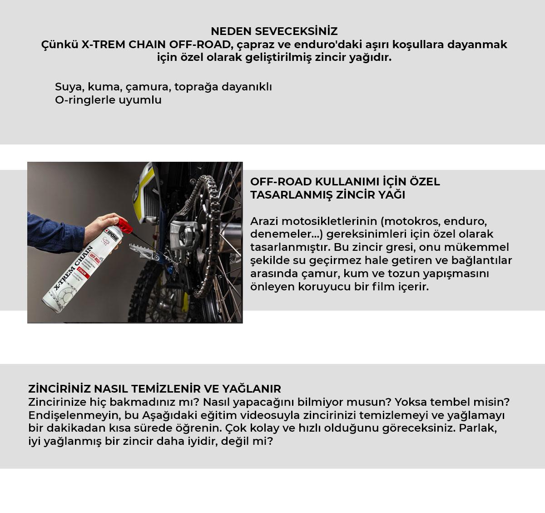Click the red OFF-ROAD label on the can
click(94, 257)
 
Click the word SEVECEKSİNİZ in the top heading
click(296, 31)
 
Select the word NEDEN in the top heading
click(231, 31)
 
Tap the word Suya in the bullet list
click(69, 87)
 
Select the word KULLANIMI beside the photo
click(347, 182)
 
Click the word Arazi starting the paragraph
click(264, 221)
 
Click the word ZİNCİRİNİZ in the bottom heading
click(59, 389)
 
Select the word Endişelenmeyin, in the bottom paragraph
click(74, 415)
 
